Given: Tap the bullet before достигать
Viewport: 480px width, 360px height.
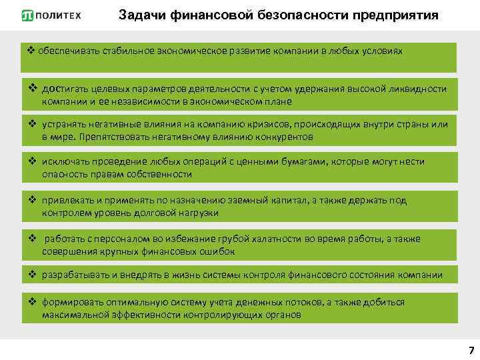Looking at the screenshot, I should coord(32,89).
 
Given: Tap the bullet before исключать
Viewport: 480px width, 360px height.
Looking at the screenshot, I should coord(32,162).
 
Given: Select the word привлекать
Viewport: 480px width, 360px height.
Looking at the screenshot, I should coord(65,201).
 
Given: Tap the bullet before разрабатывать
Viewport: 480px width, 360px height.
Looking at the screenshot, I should coord(32,275).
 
